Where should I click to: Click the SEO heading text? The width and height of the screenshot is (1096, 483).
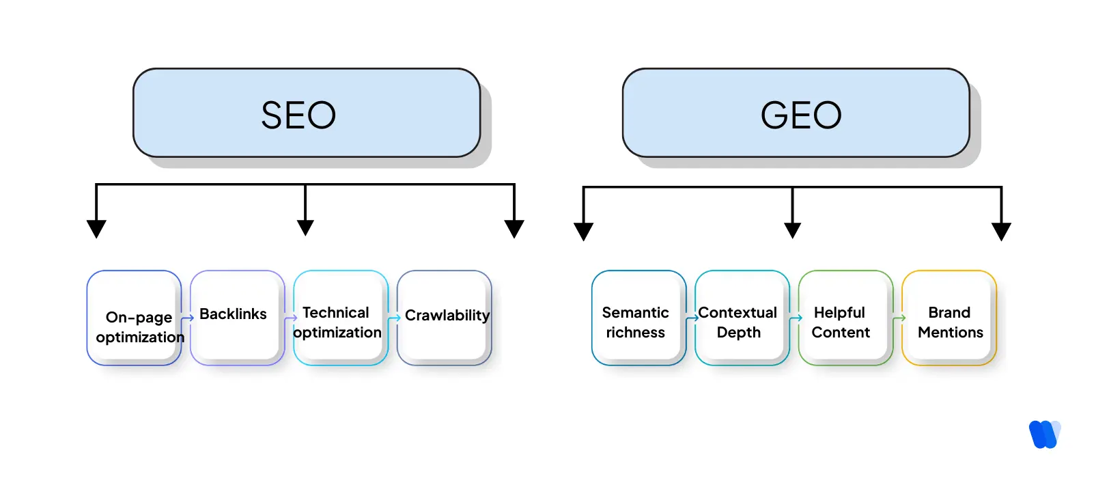click(298, 115)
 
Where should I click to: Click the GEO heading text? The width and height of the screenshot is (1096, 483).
click(801, 115)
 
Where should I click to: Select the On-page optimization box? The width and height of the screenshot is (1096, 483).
click(134, 318)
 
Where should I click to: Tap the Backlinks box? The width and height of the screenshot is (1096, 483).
click(237, 317)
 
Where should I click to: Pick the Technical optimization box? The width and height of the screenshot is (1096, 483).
click(340, 318)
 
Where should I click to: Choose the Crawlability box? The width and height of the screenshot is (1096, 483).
click(444, 317)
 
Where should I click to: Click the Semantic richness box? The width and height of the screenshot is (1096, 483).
click(638, 318)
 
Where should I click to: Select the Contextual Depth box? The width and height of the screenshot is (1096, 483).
click(741, 318)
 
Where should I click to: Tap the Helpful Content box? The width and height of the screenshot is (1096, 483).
click(845, 318)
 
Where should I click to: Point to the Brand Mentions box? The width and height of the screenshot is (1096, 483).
click(949, 318)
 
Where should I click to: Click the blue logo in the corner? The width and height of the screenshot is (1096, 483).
click(1044, 434)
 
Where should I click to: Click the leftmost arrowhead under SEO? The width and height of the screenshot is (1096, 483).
click(96, 228)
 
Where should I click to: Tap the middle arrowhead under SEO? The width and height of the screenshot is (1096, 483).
click(305, 227)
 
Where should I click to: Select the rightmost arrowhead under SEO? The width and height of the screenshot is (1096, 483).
click(514, 228)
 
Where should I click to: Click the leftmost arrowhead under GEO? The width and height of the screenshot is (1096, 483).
click(583, 231)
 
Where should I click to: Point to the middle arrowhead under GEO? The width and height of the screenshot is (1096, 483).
click(792, 230)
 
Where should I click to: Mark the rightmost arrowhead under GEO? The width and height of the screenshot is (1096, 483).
click(1001, 231)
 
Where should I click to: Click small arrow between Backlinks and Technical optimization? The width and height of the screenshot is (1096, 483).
click(290, 318)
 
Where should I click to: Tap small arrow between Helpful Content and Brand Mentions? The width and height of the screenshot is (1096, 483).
click(899, 318)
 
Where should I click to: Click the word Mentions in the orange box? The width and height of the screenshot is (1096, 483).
click(950, 332)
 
